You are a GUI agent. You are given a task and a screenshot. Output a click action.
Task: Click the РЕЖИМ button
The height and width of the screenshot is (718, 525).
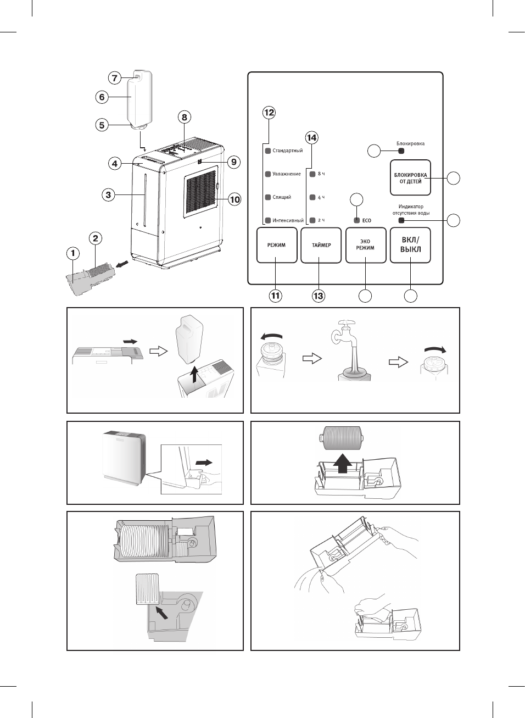(276, 245)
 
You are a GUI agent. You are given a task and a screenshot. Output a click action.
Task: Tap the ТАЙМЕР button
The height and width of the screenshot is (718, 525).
(321, 245)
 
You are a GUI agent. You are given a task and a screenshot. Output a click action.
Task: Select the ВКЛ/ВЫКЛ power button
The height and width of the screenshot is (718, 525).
(410, 245)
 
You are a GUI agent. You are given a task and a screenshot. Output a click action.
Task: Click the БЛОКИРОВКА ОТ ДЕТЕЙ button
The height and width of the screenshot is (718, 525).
(410, 177)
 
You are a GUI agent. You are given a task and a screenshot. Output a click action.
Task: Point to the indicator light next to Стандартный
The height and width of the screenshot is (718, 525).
(268, 151)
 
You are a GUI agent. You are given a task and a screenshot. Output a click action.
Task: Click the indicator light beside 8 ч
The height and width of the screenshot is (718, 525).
(313, 174)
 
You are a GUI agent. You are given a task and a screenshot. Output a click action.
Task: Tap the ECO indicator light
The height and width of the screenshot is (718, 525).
(357, 220)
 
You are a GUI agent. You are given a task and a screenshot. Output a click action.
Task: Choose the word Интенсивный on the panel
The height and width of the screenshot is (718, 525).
(288, 220)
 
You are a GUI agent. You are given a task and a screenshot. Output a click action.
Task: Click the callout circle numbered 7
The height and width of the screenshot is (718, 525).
(115, 77)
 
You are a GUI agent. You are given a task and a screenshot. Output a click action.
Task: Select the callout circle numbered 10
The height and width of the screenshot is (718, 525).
(235, 199)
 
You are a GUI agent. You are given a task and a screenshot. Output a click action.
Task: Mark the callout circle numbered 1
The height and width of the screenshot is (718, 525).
(73, 253)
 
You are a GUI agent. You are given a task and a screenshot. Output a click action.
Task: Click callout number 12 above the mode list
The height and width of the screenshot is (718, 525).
(269, 113)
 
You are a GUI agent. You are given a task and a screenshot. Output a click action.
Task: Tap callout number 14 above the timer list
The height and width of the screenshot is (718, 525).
(312, 137)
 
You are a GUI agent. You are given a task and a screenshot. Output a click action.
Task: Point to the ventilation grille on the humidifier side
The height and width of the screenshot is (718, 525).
(200, 192)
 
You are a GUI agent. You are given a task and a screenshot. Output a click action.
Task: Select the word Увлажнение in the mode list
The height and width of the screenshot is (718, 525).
(287, 174)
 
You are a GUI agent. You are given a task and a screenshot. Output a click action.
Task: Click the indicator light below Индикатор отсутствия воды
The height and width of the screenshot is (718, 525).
(401, 220)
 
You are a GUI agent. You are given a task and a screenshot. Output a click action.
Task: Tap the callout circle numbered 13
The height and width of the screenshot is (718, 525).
(319, 296)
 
